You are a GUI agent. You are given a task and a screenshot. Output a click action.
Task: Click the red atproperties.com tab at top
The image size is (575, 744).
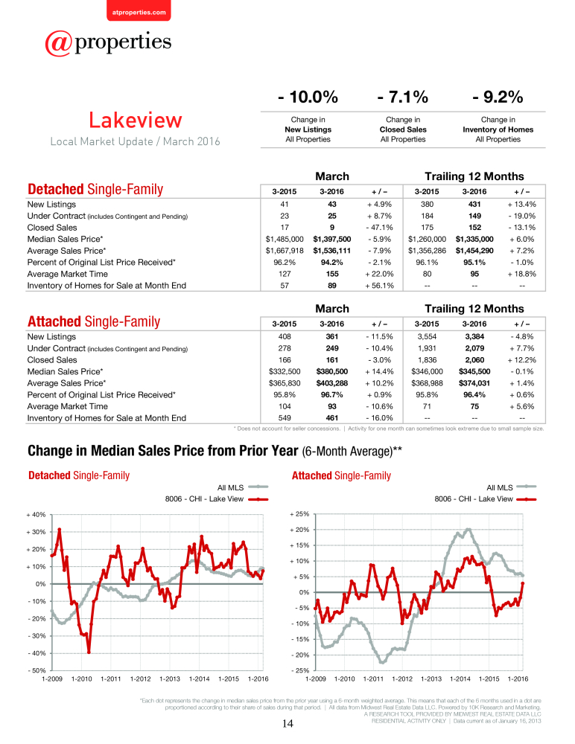[x=139, y=10]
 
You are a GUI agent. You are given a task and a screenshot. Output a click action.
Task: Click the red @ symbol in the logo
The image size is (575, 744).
[x=59, y=43]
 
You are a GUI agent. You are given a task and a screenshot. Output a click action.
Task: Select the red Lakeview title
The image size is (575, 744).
[x=136, y=120]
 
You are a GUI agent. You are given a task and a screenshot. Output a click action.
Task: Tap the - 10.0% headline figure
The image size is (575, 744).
[x=308, y=97]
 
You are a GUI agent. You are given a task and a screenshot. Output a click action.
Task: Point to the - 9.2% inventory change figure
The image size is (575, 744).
[x=498, y=97]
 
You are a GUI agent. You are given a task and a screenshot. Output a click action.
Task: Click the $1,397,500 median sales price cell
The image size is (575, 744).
[x=331, y=239]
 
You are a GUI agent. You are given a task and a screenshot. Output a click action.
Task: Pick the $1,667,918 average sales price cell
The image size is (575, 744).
[x=285, y=251]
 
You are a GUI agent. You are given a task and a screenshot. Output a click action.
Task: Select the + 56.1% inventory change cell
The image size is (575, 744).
[x=379, y=286]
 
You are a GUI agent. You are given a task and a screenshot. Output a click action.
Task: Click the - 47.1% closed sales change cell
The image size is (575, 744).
[x=379, y=227]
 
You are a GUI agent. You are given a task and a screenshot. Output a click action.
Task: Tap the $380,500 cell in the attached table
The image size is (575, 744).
[x=331, y=371]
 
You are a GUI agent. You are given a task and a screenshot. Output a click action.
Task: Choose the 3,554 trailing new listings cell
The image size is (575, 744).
[x=427, y=336]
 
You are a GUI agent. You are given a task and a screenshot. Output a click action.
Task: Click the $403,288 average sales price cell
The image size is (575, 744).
[x=331, y=383]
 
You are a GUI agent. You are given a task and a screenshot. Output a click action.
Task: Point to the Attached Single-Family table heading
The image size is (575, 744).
[x=94, y=321]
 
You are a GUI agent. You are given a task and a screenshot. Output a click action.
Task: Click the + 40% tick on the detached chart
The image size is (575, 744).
[x=36, y=515]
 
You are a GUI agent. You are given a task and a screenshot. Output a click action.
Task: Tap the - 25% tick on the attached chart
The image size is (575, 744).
[x=300, y=670]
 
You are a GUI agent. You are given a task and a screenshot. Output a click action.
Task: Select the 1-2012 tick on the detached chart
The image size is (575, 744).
[x=140, y=679]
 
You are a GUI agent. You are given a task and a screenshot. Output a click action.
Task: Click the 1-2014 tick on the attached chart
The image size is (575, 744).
[x=460, y=679]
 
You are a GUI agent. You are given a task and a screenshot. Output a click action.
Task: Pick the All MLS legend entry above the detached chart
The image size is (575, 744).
[x=243, y=487]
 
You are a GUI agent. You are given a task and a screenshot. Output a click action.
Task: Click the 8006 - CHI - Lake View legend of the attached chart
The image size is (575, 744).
[x=485, y=498]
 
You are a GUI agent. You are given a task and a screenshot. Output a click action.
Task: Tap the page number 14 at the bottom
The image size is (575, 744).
[x=287, y=724]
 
